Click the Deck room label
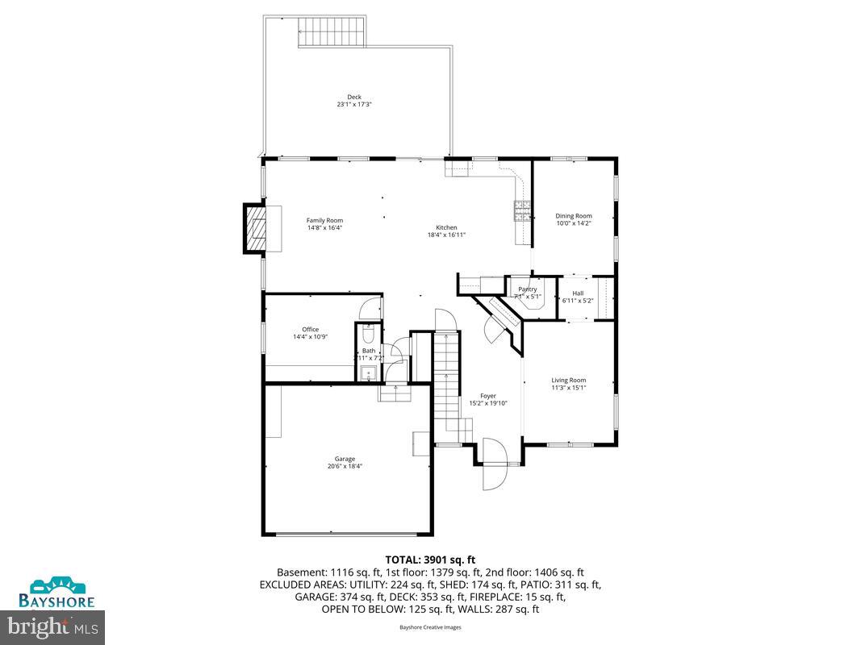pyautogui.click(x=354, y=97)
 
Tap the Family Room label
pyautogui.click(x=324, y=220)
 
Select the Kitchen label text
pyautogui.click(x=446, y=227)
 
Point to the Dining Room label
pyautogui.click(x=573, y=216)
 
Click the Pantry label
pyautogui.click(x=527, y=289)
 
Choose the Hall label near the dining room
pyautogui.click(x=578, y=293)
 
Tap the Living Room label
pyautogui.click(x=568, y=380)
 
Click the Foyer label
pyautogui.click(x=488, y=396)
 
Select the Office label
pyautogui.click(x=310, y=329)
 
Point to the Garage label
pyautogui.click(x=345, y=459)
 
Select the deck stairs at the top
pyautogui.click(x=332, y=34)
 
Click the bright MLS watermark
pyautogui.click(x=53, y=625)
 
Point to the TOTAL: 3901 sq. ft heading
pyautogui.click(x=430, y=558)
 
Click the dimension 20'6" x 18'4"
pyautogui.click(x=345, y=466)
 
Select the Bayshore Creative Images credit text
pyautogui.click(x=430, y=626)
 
